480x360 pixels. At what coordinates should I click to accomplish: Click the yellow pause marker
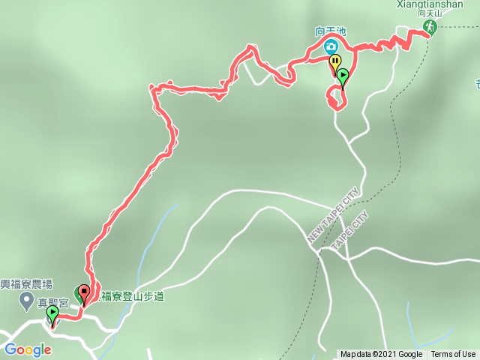tap(334, 62)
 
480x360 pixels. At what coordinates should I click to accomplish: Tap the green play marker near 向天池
tap(343, 76)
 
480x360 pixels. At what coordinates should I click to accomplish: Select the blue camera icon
tap(331, 46)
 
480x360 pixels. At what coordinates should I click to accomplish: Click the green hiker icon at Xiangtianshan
tap(429, 28)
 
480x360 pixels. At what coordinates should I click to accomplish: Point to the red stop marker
tap(84, 293)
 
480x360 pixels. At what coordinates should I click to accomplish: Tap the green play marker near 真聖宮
tap(52, 313)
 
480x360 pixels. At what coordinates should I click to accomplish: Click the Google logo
tap(28, 349)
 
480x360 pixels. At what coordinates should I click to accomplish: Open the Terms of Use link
tap(453, 355)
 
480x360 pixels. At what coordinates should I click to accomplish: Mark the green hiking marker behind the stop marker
tap(77, 292)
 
